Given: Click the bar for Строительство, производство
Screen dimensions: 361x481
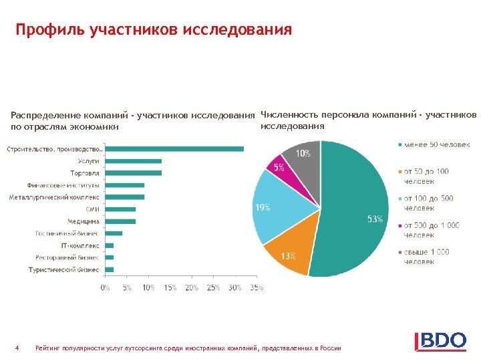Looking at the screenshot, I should coord(174,148).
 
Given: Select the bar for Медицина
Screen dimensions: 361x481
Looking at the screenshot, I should coord(120,221).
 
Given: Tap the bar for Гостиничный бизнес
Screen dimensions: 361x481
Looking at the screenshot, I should coord(114,233).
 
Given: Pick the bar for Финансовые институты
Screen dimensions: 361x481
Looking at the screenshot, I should coord(125,185).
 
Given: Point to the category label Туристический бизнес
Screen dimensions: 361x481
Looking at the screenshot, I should coord(64,269).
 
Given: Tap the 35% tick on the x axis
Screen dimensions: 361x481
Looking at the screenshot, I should coord(257,287).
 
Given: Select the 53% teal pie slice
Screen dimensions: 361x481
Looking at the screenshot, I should coord(354,207).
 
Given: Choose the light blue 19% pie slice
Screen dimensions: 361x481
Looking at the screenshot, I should coord(284,207).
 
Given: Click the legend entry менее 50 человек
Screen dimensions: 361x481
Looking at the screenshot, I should coord(437,144).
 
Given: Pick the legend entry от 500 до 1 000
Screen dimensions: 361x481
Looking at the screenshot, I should coord(431,230).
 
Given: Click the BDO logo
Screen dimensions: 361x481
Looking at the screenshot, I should coord(441,340).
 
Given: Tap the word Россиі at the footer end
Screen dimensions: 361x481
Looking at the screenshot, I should coord(330,348).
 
